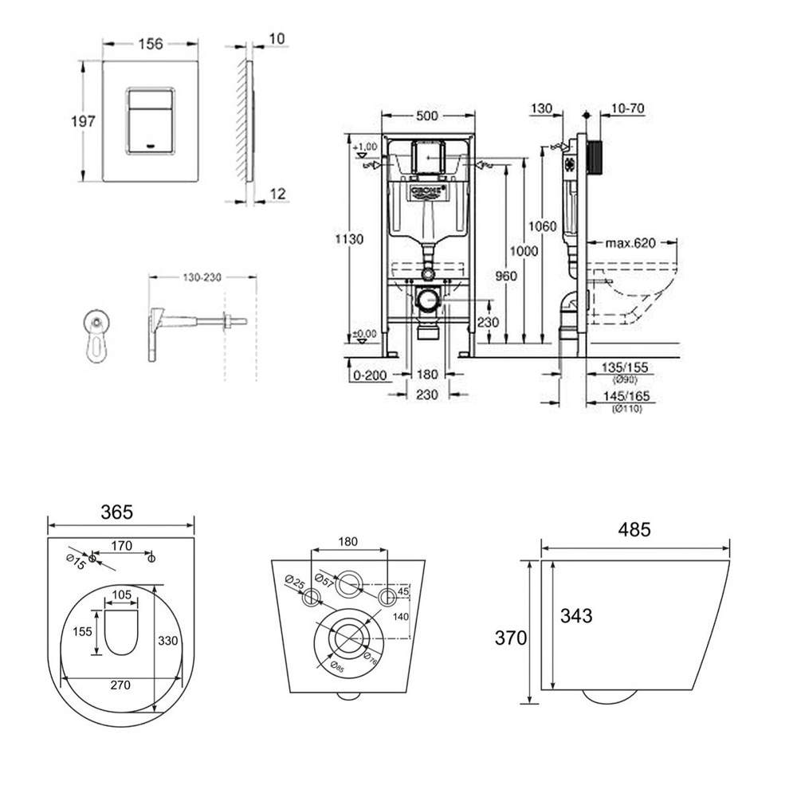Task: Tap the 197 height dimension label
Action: pyautogui.click(x=82, y=121)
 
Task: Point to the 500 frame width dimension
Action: pyautogui.click(x=428, y=116)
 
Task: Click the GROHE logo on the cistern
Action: pyautogui.click(x=429, y=192)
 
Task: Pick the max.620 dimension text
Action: pyautogui.click(x=630, y=243)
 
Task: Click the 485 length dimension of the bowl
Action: pyautogui.click(x=635, y=528)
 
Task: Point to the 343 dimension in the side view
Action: pyautogui.click(x=575, y=616)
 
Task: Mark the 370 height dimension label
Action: pyautogui.click(x=511, y=638)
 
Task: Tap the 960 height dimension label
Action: pyautogui.click(x=508, y=276)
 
